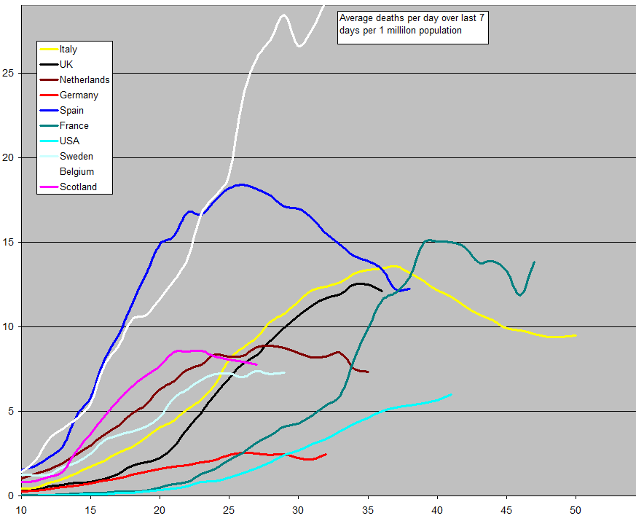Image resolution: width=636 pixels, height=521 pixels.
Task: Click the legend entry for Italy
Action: point(68,50)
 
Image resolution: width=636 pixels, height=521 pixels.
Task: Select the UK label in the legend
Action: point(66,65)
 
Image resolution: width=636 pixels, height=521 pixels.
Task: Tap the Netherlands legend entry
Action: point(85,80)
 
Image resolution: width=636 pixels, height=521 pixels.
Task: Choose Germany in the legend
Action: point(79,95)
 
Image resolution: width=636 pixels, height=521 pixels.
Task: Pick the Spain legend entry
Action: point(71,111)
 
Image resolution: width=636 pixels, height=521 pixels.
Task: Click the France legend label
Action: point(74,126)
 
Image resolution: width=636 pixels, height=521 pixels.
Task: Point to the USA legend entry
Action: point(69,141)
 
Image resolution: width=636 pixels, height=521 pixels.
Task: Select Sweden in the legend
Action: point(76,157)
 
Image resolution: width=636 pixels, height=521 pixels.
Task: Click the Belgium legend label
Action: point(77,172)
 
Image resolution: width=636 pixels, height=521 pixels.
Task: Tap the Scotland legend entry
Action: point(78,187)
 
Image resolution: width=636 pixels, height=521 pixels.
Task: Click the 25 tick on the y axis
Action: point(9,73)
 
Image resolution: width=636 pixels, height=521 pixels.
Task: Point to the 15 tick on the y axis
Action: point(9,242)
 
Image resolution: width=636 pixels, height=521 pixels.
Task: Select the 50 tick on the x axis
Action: point(576,509)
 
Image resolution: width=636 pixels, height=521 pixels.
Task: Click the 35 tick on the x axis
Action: point(368,509)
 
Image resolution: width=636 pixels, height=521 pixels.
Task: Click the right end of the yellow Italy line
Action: point(576,335)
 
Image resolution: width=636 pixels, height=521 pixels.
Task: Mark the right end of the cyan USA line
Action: point(451,394)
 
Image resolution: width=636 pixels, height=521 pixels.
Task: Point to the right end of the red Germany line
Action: point(326,454)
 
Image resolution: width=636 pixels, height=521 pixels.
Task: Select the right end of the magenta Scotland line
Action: point(256,364)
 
